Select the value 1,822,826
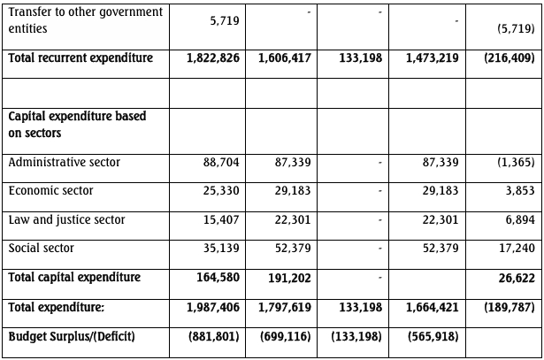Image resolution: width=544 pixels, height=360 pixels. coord(213,58)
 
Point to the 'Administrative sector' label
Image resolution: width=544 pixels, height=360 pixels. coord(64,163)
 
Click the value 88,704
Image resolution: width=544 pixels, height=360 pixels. coord(221,163)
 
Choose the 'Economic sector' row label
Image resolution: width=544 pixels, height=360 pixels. coord(50,191)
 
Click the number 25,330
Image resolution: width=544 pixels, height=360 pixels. coord(221,191)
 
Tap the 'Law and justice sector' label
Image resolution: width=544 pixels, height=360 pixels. coord(66,219)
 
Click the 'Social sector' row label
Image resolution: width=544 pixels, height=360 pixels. coord(42,249)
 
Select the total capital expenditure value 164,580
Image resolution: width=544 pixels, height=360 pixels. coord(218,278)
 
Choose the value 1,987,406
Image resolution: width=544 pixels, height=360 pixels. coord(213,307)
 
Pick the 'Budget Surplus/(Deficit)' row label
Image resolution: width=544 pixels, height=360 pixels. coord(72,337)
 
